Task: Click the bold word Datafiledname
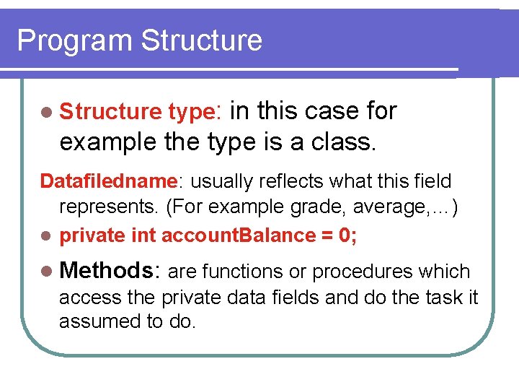[x=109, y=181]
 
